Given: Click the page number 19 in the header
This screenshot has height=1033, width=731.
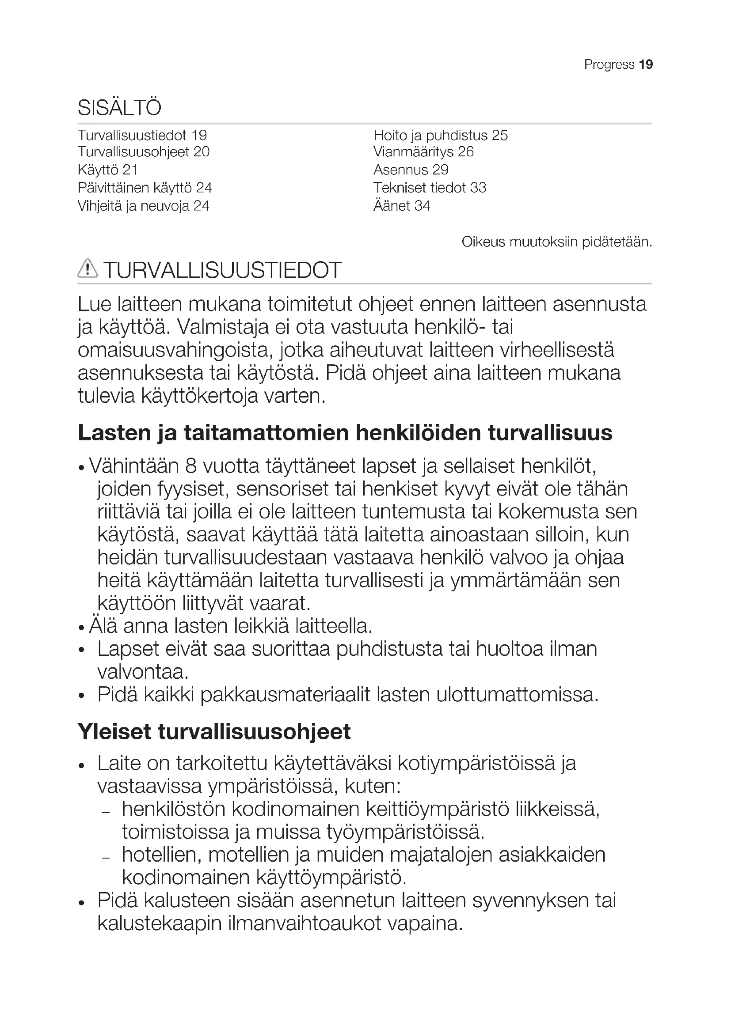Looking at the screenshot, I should pyautogui.click(x=645, y=65).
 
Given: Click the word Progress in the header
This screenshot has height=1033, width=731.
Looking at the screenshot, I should pyautogui.click(x=609, y=65).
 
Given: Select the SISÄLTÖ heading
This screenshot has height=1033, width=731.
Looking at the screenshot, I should pyautogui.click(x=119, y=108).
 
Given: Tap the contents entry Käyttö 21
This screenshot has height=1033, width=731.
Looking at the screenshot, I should pyautogui.click(x=107, y=170).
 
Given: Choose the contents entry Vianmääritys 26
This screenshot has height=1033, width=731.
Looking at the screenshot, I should pyautogui.click(x=423, y=152).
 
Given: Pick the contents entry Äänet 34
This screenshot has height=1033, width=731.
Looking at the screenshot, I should pyautogui.click(x=401, y=206).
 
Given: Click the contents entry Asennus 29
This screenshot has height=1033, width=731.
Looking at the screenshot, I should pyautogui.click(x=411, y=170).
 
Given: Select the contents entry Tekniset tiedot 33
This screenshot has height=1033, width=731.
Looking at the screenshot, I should pyautogui.click(x=430, y=188).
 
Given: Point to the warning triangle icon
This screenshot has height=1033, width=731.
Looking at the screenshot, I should pyautogui.click(x=88, y=269).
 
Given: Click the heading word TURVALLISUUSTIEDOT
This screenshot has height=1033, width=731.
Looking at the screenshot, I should pyautogui.click(x=222, y=270).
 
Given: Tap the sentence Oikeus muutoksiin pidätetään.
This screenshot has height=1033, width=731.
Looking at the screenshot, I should pyautogui.click(x=557, y=242).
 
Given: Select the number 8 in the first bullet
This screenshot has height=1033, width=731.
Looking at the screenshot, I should pyautogui.click(x=190, y=466).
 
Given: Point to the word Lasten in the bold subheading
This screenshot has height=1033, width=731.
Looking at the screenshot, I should pyautogui.click(x=114, y=433).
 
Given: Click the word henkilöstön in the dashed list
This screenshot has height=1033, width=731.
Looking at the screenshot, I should pyautogui.click(x=173, y=810).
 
